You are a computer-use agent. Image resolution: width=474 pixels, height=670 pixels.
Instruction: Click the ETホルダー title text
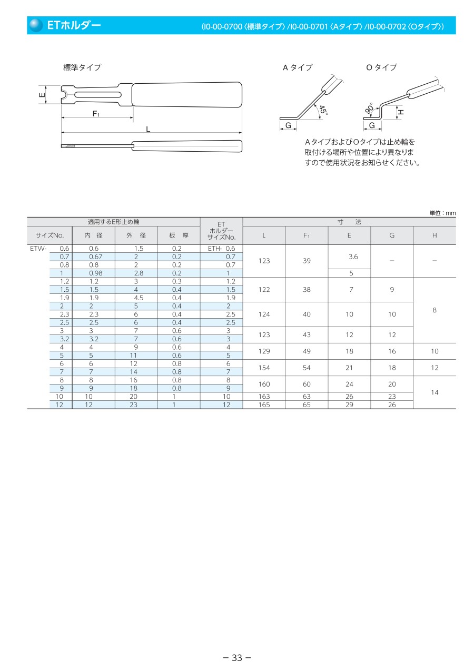(73, 25)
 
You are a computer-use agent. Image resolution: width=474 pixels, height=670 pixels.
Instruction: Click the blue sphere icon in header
(36, 25)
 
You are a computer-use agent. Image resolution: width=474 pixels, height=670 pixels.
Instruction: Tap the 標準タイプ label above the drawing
(82, 67)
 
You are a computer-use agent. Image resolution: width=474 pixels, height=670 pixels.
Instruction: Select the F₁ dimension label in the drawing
(96, 113)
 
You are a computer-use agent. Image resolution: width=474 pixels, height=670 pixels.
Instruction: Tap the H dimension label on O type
(401, 112)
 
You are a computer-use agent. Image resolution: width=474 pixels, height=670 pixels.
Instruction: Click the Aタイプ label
(298, 67)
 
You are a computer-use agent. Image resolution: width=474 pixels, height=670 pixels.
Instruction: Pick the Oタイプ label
(381, 67)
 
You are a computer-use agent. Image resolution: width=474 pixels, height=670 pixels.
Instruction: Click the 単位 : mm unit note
(442, 213)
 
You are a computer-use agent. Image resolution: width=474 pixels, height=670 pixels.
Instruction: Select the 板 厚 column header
(179, 235)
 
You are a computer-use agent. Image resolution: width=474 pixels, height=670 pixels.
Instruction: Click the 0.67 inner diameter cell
(94, 257)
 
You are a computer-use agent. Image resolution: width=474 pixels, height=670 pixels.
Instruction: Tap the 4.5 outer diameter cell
(136, 298)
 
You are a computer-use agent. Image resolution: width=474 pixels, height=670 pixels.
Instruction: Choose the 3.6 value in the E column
(349, 257)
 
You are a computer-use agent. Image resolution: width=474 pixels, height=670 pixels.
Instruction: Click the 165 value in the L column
(264, 405)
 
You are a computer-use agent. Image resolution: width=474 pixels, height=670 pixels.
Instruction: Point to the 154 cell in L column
(264, 368)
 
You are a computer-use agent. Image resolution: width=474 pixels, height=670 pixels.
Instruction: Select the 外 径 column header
(136, 235)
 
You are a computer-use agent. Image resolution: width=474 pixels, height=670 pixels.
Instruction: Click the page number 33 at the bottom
(236, 657)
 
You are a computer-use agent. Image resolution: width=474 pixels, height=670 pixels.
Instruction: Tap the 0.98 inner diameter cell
(94, 273)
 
